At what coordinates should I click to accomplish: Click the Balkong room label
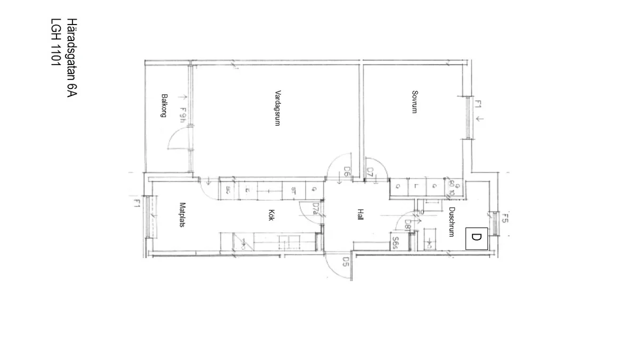click(x=164, y=106)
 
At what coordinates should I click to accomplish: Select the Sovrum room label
click(x=414, y=102)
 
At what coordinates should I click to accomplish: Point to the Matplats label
click(x=182, y=215)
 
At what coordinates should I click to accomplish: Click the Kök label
click(x=271, y=215)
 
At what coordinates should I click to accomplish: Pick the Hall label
click(x=361, y=215)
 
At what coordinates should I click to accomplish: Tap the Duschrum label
click(x=451, y=222)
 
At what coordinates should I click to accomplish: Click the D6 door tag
click(x=347, y=172)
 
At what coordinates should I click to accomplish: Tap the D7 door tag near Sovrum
click(x=370, y=172)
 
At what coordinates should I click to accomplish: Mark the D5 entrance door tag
click(x=346, y=261)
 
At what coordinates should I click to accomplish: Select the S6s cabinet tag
click(x=396, y=243)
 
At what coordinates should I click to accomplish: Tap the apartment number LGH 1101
click(x=55, y=43)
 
